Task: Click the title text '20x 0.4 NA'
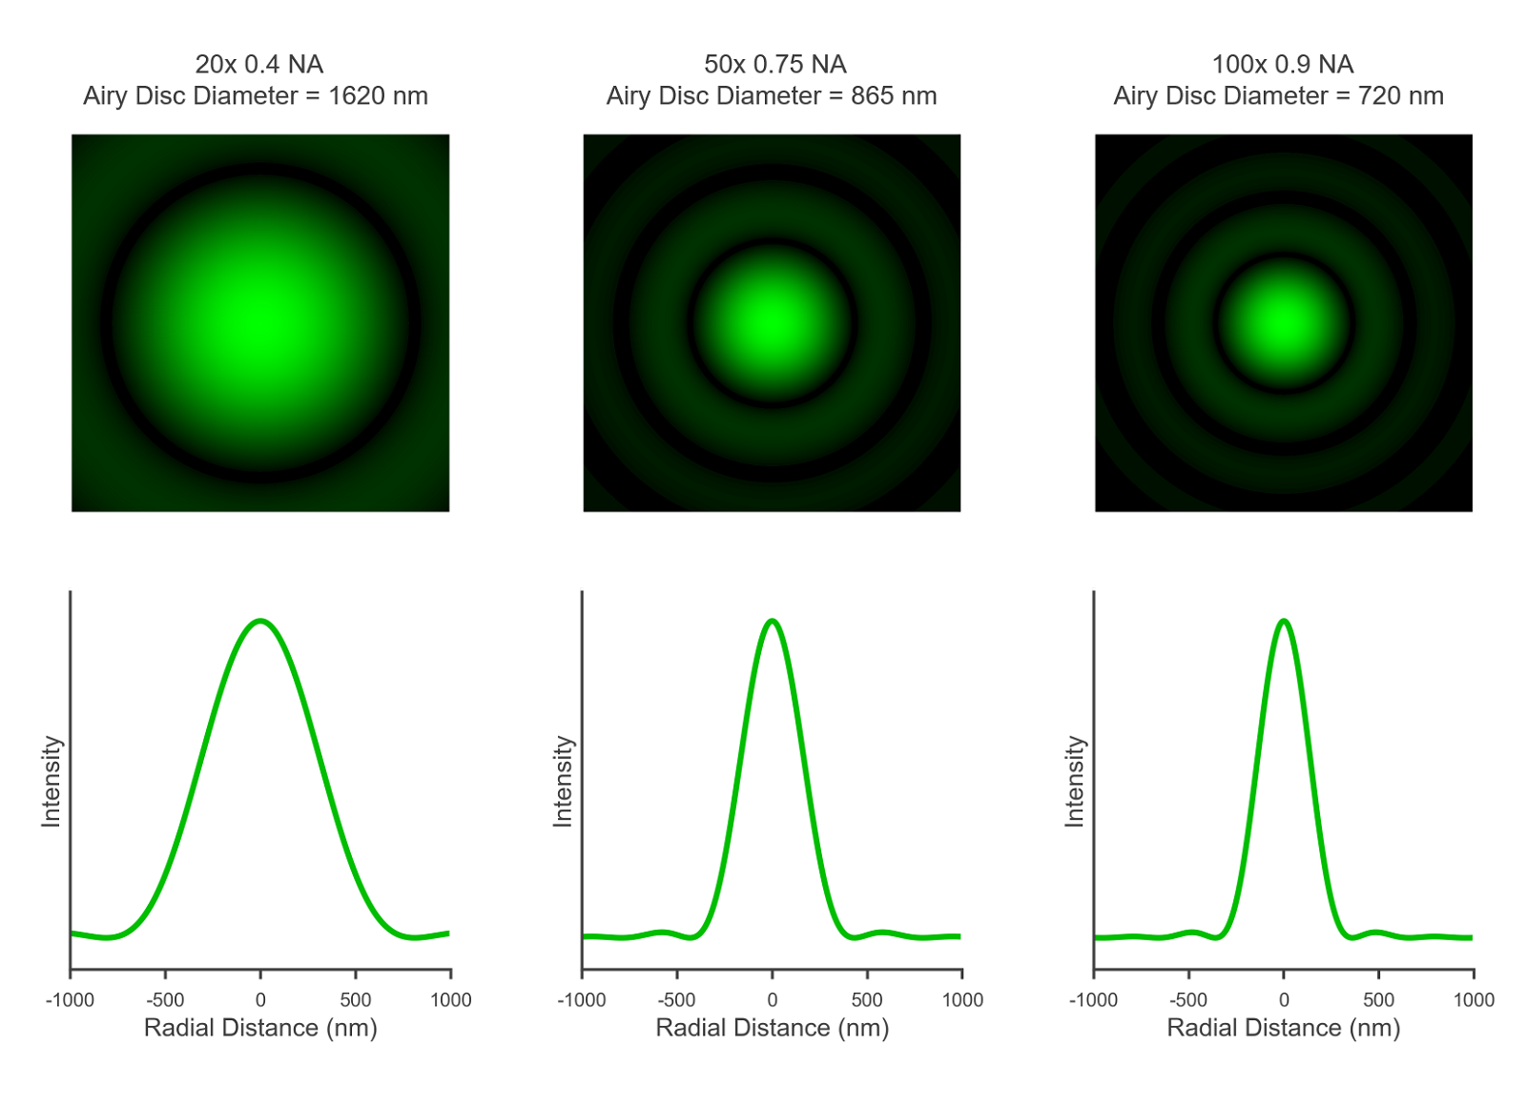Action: click(259, 64)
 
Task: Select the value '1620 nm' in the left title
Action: click(378, 96)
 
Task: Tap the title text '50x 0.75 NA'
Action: click(774, 64)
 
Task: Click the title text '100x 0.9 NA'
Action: click(1282, 64)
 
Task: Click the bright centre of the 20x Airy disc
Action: click(260, 322)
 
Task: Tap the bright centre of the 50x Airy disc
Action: click(772, 322)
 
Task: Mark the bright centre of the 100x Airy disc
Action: click(1284, 322)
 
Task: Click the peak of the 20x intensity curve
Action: click(260, 622)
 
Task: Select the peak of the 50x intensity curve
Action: click(773, 622)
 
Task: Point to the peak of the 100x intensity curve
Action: click(1284, 622)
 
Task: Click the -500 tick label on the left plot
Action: click(165, 999)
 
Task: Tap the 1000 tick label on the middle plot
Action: click(962, 999)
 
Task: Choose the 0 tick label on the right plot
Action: click(1284, 999)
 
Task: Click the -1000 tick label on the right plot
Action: click(1093, 999)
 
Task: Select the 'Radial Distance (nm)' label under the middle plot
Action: click(773, 1028)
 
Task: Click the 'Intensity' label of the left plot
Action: click(52, 781)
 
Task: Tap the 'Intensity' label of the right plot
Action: click(1075, 781)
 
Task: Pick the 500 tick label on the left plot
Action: click(356, 999)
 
